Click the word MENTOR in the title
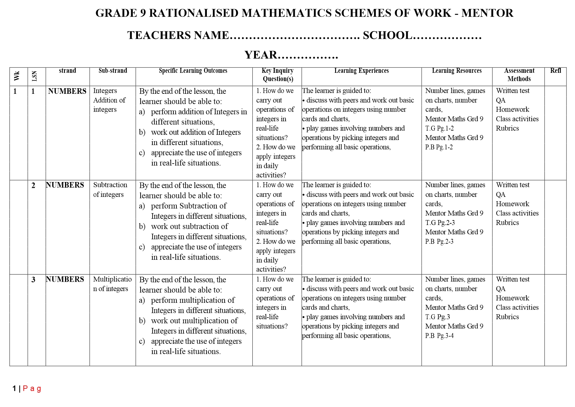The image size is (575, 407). (x=487, y=13)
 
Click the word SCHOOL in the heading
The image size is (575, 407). (x=387, y=35)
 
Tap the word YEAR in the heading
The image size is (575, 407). (x=261, y=55)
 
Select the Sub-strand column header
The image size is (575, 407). (x=113, y=71)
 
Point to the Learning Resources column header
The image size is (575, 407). (x=457, y=71)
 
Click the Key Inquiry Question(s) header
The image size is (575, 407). (x=277, y=75)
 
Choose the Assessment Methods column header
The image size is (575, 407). (x=519, y=75)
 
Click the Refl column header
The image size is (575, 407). (x=555, y=71)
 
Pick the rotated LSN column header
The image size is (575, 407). (x=34, y=76)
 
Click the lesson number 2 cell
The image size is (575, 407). (x=33, y=186)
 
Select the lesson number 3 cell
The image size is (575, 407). (x=33, y=280)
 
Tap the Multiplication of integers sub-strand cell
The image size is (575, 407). (x=112, y=284)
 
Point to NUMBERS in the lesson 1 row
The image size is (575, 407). (x=67, y=91)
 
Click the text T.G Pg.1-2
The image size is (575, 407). (x=439, y=129)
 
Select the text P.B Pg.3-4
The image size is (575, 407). (x=439, y=336)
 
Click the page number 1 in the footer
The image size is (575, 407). (x=14, y=389)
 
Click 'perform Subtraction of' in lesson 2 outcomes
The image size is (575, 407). (x=188, y=206)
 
